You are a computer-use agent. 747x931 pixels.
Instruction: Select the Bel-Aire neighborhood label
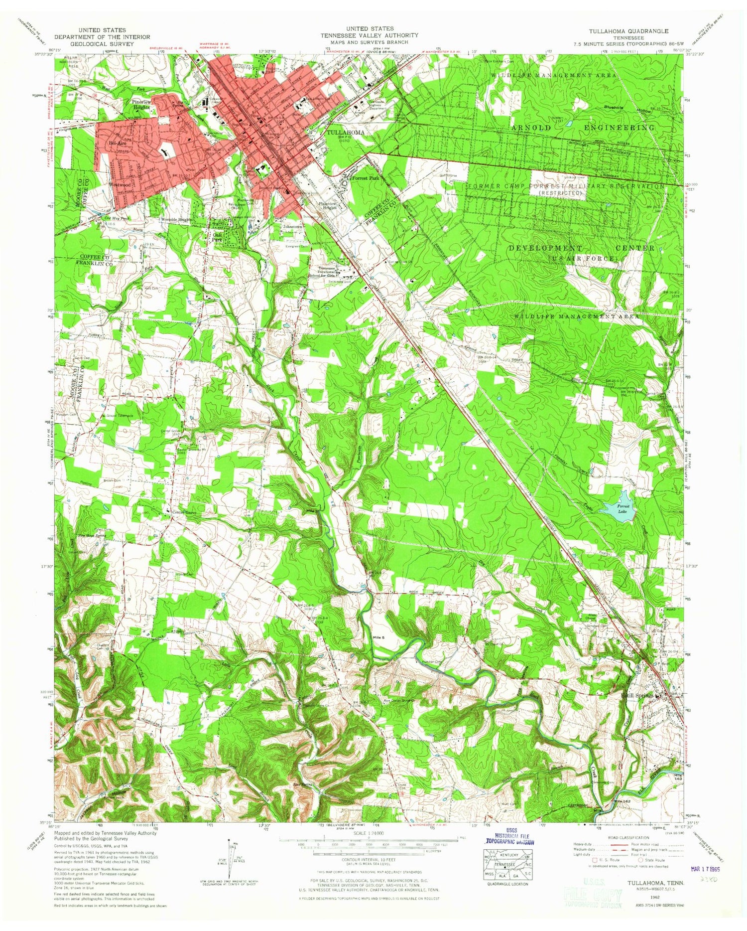109,142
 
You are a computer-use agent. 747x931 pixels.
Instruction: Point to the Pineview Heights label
140,104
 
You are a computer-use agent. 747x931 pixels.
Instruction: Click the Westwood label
120,184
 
